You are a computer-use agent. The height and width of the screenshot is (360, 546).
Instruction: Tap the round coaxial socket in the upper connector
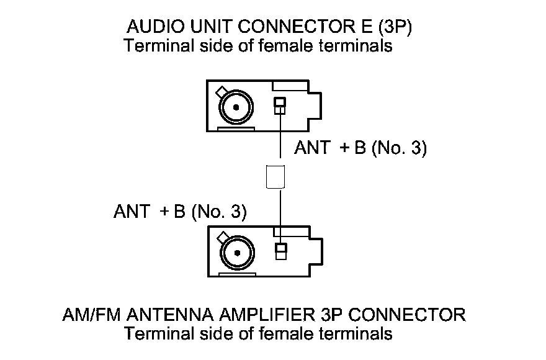[236, 107]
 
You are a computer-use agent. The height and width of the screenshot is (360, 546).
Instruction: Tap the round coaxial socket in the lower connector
[236, 253]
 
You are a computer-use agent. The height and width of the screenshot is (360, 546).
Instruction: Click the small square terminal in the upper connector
[280, 106]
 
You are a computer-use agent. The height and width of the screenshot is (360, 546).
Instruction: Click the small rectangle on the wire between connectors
[275, 176]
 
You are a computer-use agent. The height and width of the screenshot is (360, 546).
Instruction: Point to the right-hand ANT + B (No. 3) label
[360, 149]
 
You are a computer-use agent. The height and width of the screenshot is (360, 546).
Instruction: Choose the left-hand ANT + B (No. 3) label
[181, 212]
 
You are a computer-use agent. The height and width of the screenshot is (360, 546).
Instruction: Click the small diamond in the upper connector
[220, 92]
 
